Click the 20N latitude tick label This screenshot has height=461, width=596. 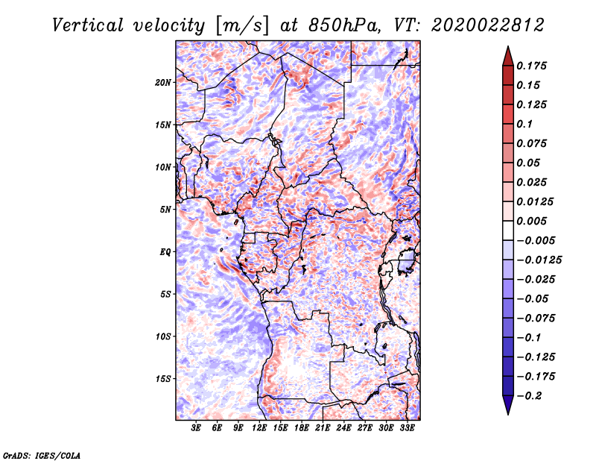(x=162, y=83)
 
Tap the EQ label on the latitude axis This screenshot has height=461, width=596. (x=165, y=252)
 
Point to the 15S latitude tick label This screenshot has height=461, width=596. (x=162, y=379)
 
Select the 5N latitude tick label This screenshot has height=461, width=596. (x=165, y=210)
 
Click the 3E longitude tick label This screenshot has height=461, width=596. (x=196, y=428)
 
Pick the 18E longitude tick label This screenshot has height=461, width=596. (x=302, y=428)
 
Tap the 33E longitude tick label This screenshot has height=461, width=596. (x=407, y=428)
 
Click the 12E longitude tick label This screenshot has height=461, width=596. (x=259, y=428)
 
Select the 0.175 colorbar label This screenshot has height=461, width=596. (x=531, y=66)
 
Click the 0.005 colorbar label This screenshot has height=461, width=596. (x=531, y=221)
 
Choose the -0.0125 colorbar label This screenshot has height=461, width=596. (x=539, y=260)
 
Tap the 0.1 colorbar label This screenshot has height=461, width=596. (x=524, y=124)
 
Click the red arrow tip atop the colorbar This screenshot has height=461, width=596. (x=508, y=46)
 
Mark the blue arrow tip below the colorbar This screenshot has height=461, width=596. (x=508, y=414)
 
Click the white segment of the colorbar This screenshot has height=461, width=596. (x=508, y=230)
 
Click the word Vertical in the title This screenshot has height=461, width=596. (x=88, y=25)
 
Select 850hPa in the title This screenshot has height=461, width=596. (x=344, y=25)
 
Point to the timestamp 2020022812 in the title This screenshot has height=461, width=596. (x=488, y=25)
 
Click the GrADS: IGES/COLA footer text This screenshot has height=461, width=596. (x=42, y=455)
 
